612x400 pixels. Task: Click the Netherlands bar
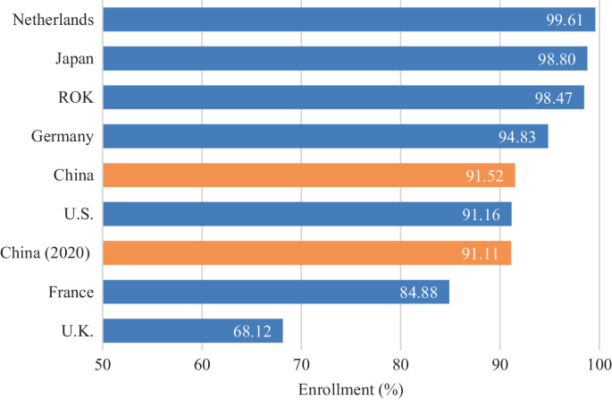[348, 19]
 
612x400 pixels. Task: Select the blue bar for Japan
[345, 58]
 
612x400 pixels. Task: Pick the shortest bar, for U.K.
[193, 331]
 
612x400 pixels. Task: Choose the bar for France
[276, 293]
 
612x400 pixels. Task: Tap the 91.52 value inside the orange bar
[486, 176]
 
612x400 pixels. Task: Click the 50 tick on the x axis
[103, 365]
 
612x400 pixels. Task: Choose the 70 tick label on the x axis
[301, 365]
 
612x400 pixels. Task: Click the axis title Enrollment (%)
[350, 389]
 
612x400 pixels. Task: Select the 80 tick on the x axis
[400, 365]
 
